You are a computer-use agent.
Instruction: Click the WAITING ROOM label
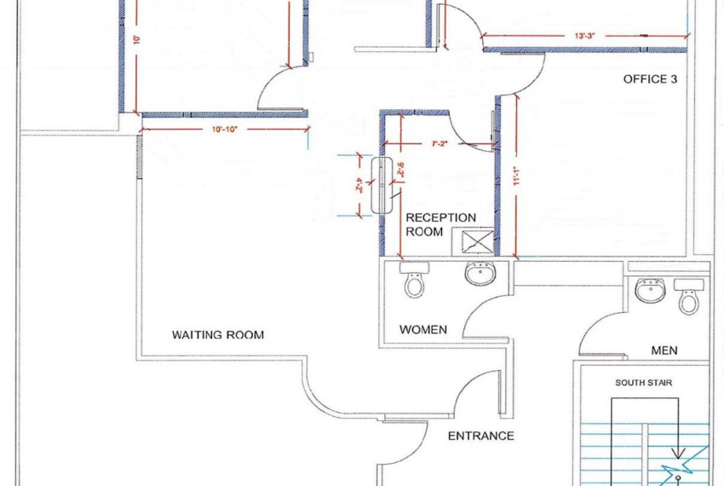click(217, 335)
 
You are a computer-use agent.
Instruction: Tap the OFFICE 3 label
click(650, 79)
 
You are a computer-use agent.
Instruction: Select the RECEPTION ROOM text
click(440, 223)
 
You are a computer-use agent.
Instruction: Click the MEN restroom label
click(664, 350)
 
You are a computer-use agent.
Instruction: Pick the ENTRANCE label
click(481, 436)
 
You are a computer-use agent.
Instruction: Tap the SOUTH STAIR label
click(643, 383)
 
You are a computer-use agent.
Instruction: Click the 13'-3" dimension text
click(583, 35)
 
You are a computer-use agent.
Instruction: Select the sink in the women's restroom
click(479, 275)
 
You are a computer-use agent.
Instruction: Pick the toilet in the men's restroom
click(688, 298)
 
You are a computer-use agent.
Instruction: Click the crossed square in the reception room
click(478, 240)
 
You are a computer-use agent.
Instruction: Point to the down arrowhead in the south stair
click(678, 454)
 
